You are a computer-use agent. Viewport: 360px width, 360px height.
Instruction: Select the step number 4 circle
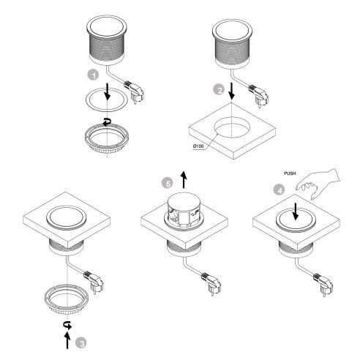(275, 187)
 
